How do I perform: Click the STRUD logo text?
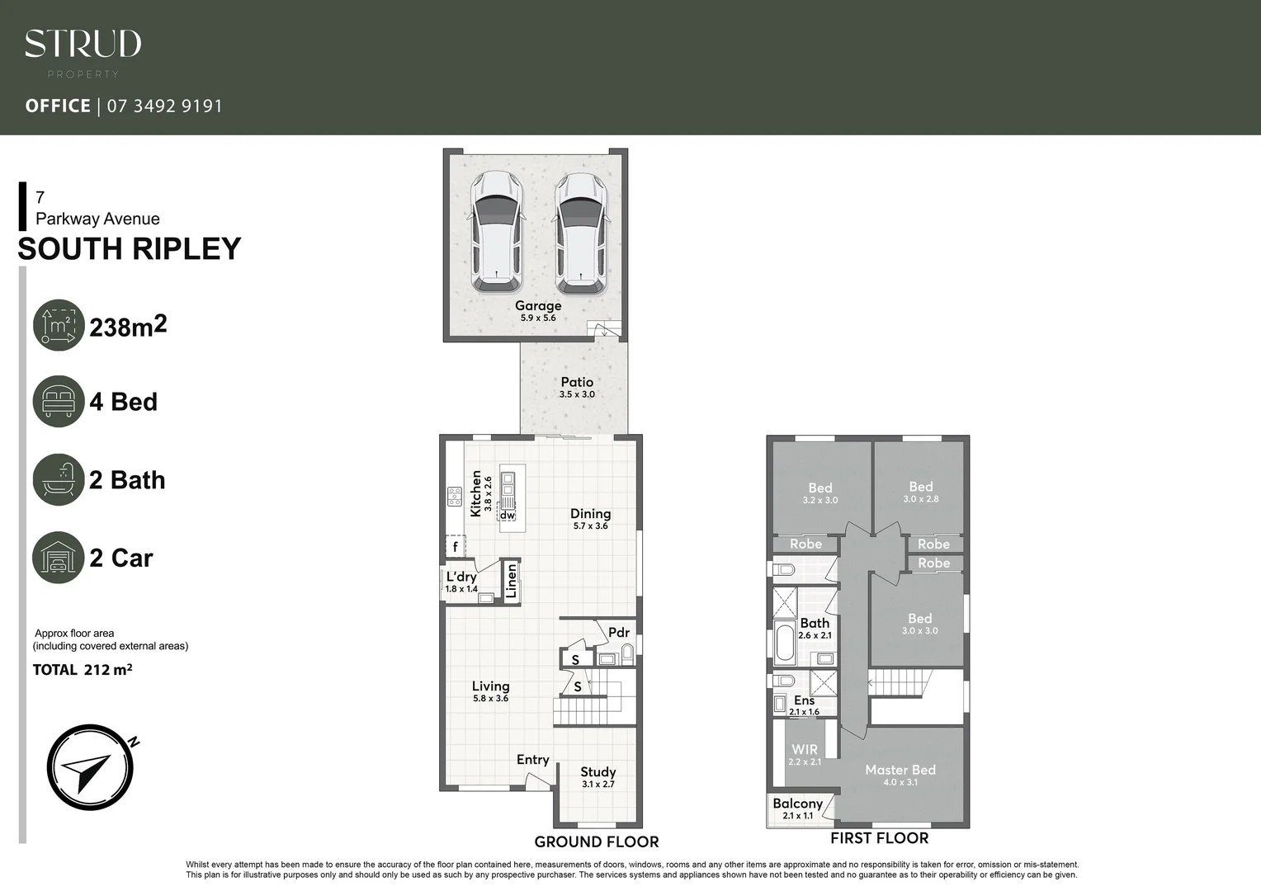point(83,44)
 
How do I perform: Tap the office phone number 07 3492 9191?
point(165,106)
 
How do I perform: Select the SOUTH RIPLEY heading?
point(130,249)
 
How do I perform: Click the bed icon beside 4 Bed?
point(59,402)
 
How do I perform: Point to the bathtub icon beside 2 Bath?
point(59,479)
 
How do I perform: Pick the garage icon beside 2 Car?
point(59,558)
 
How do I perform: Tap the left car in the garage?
point(497,232)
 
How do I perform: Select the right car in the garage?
point(580,232)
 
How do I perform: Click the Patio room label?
point(577,382)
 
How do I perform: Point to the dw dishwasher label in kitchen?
point(507,515)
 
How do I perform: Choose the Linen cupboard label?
point(511,580)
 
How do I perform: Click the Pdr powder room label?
point(619,633)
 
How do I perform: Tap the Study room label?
point(597,772)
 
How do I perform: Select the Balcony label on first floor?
point(797,804)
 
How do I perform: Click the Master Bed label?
point(900,770)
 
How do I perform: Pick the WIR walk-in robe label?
point(805,750)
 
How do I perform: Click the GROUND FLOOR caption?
point(597,841)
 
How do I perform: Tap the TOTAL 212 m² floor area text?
point(83,670)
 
